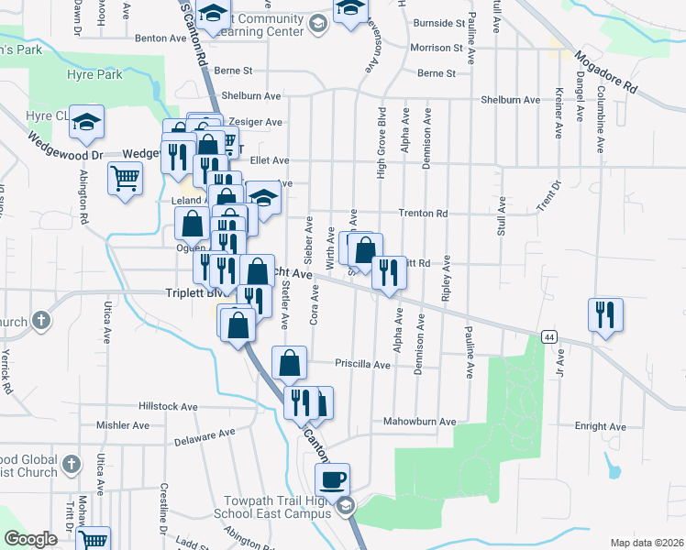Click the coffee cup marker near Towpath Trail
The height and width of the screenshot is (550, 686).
point(332,478)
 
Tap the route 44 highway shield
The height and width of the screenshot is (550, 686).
point(548,336)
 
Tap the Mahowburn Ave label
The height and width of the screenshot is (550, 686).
point(420,422)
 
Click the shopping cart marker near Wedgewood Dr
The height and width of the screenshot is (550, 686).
point(125,178)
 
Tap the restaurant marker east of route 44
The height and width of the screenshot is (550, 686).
point(605,314)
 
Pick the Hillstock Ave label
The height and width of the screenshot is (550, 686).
point(168,406)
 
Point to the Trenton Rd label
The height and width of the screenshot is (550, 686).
point(423,214)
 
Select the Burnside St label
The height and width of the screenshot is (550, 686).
point(438,23)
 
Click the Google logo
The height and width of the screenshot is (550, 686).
point(30,539)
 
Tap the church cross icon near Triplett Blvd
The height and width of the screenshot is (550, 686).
point(40,321)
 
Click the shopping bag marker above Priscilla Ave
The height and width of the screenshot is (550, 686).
point(289,362)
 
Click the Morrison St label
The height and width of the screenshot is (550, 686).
point(437,48)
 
